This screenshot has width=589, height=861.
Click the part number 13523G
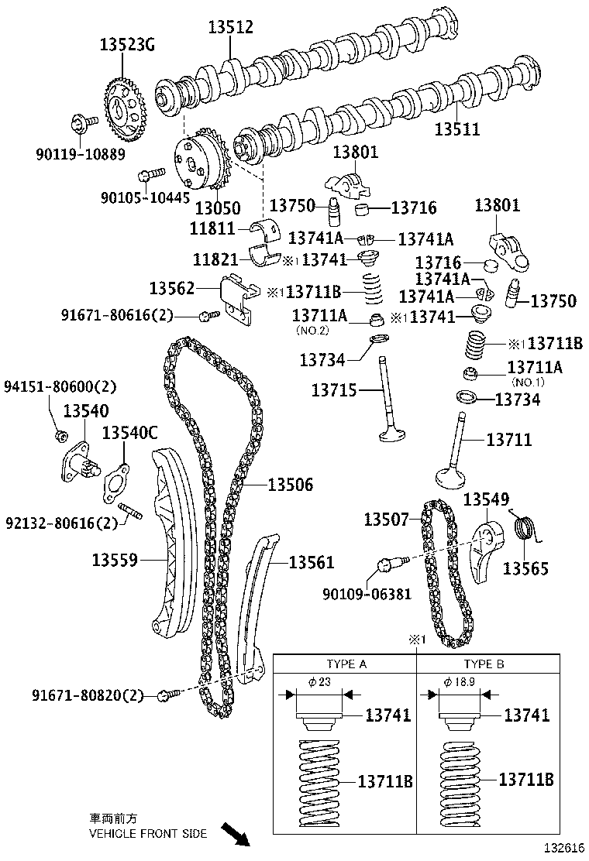tap(126, 45)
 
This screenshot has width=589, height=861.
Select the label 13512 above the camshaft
tap(230, 28)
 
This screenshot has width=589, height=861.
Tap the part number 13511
tap(456, 129)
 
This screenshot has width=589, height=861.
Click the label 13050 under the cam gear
tap(217, 208)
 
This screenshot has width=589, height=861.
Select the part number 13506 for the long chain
tap(290, 485)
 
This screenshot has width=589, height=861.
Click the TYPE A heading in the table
tap(346, 664)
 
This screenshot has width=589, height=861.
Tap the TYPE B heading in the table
tap(484, 664)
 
